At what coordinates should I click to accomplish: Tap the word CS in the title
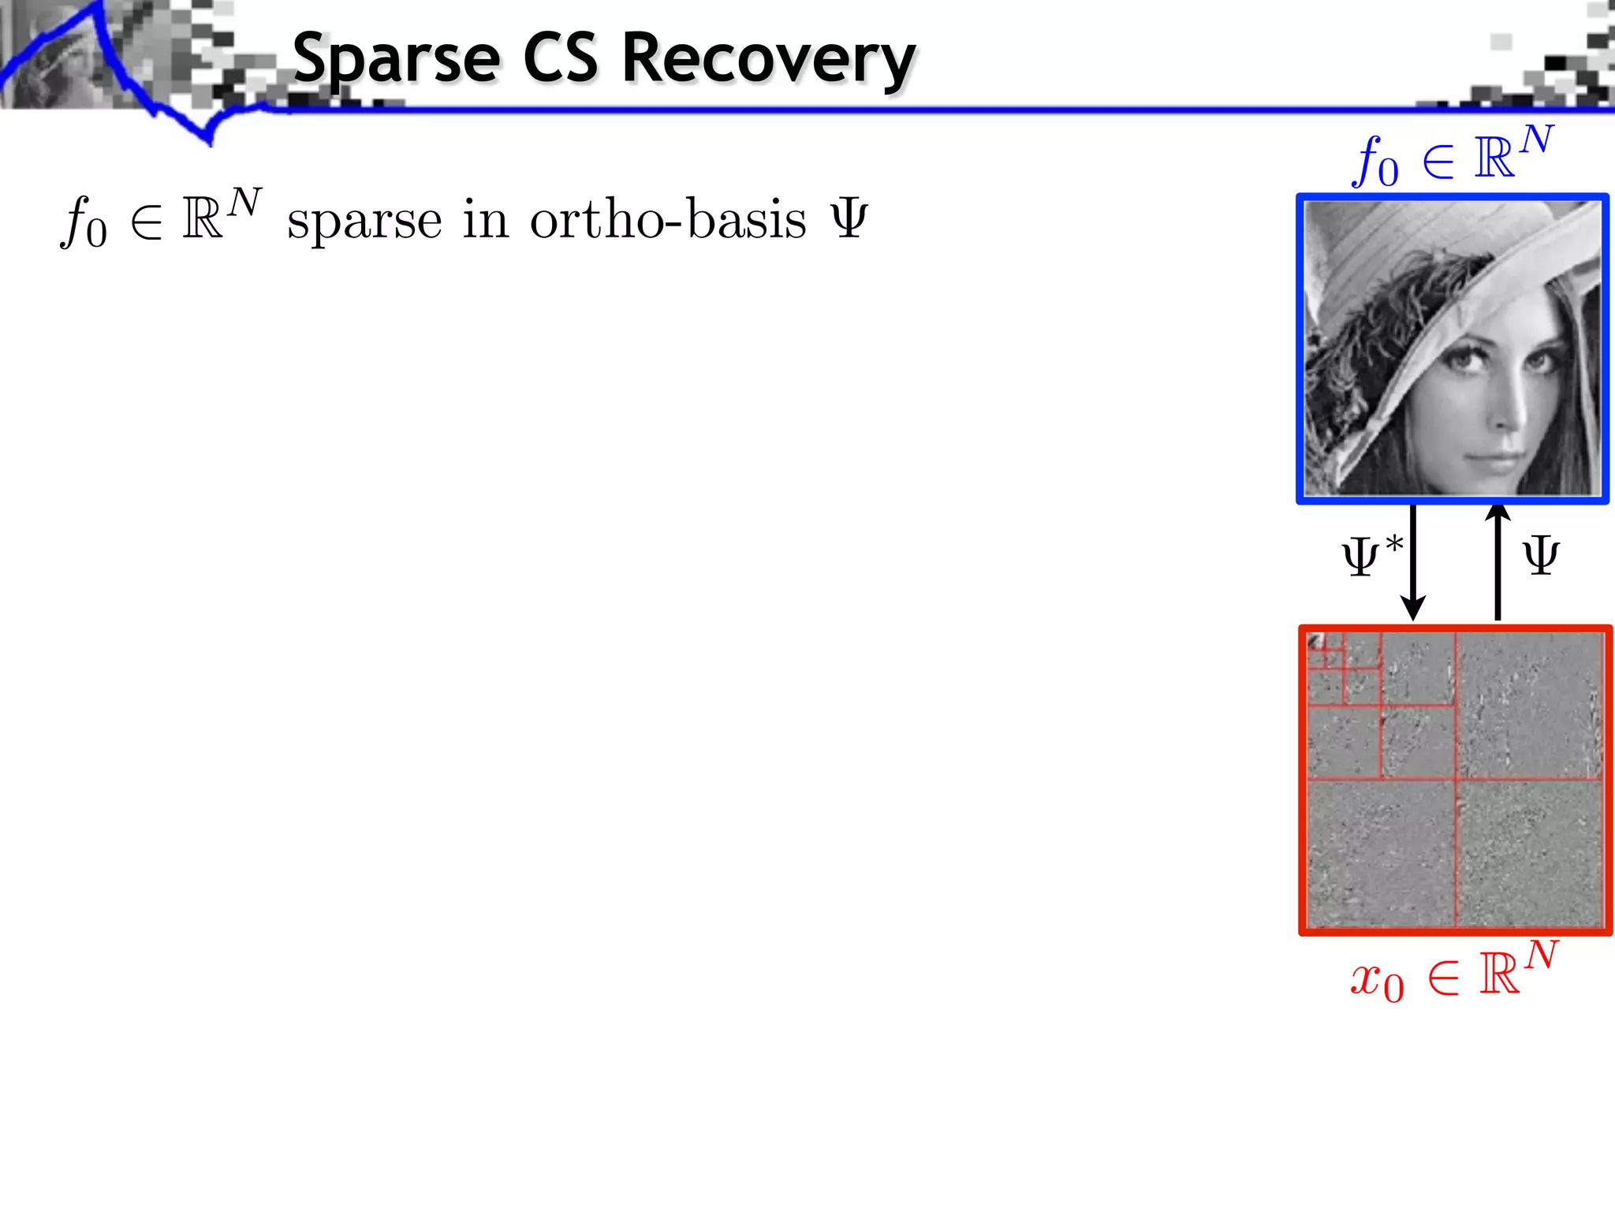coord(560,59)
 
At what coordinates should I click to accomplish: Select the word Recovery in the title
coord(769,59)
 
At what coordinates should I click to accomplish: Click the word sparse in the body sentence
coord(364,221)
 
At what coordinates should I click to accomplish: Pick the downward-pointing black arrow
coord(1412,564)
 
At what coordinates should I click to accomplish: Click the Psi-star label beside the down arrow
coord(1371,556)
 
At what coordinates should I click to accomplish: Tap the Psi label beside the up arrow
coord(1541,556)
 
